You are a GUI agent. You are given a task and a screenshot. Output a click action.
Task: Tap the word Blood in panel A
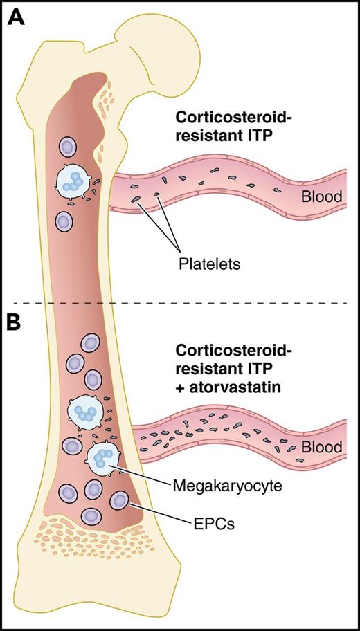[x=321, y=197]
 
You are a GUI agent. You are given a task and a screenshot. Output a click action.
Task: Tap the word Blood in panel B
[x=321, y=447]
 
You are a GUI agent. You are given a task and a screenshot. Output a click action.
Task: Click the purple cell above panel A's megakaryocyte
[x=68, y=147]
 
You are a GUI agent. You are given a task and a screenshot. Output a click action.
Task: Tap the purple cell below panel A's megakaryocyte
[x=64, y=221]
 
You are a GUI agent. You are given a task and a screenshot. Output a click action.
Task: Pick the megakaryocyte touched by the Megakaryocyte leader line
[x=102, y=457]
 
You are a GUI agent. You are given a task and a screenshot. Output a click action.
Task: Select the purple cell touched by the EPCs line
[x=120, y=500]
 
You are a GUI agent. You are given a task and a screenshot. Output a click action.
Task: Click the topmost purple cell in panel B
[x=91, y=344]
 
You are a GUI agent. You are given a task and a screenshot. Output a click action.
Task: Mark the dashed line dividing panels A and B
[x=180, y=303]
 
